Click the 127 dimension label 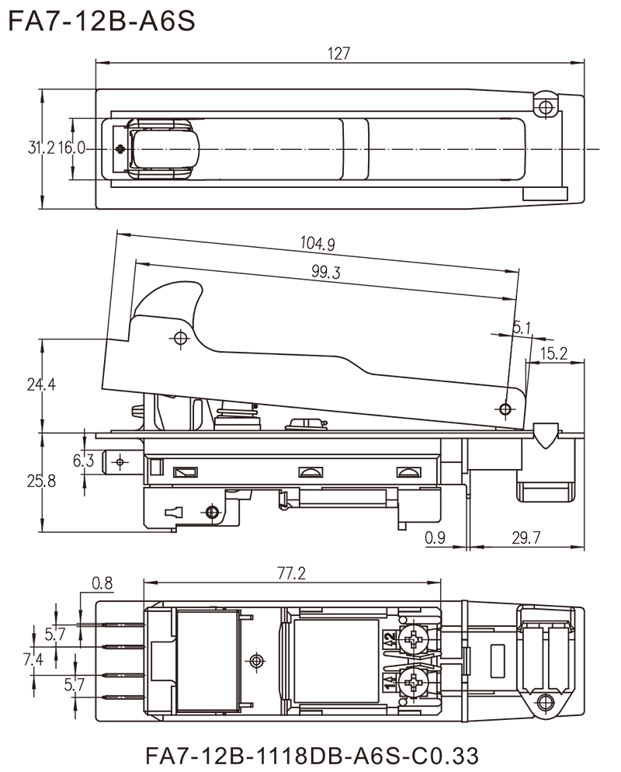(340, 54)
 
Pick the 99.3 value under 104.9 (325, 272)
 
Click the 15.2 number (554, 354)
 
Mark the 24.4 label (40, 385)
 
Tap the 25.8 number (41, 482)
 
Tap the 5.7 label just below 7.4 (76, 686)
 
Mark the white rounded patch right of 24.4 (68, 384)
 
